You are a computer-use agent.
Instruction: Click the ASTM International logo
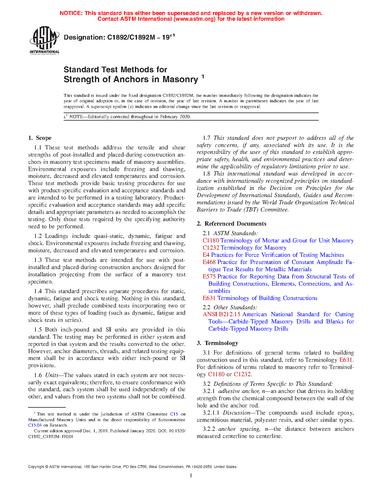(x=44, y=40)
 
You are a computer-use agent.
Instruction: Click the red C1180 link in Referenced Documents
(x=211, y=241)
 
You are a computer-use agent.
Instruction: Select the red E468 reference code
(x=209, y=262)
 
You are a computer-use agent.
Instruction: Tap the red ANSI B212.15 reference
(x=221, y=314)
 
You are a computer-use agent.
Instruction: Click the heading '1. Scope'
(x=40, y=138)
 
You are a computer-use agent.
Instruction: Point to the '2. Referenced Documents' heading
(x=231, y=224)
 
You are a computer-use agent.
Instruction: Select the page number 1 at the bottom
(x=191, y=475)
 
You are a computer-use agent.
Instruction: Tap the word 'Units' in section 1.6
(x=52, y=375)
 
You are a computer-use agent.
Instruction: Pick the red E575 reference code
(x=209, y=277)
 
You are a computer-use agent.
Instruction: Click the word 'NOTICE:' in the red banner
(x=71, y=13)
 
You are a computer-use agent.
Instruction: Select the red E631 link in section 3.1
(x=346, y=360)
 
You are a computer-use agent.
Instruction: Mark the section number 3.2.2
(x=209, y=429)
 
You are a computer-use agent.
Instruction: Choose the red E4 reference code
(x=206, y=255)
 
